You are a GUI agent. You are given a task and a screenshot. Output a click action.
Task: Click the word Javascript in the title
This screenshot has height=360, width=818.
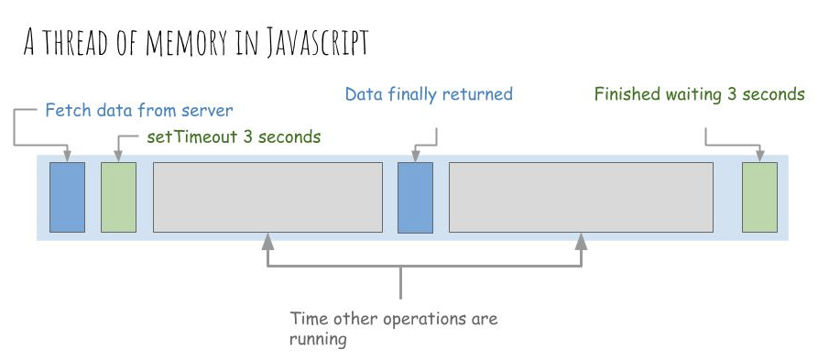[x=316, y=42]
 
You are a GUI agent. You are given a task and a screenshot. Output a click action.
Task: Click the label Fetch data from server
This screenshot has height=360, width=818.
[x=139, y=111]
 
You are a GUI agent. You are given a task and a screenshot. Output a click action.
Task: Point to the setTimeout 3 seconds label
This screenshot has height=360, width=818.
[x=234, y=137]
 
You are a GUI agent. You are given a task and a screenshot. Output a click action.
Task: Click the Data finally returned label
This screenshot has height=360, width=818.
[x=429, y=93]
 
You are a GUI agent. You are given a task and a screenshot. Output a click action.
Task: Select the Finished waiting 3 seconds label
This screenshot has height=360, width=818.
[x=699, y=93]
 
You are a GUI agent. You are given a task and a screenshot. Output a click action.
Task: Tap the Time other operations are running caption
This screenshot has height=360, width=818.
[x=394, y=329]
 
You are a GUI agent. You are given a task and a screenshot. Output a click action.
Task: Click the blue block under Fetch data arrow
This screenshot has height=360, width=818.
[x=67, y=197]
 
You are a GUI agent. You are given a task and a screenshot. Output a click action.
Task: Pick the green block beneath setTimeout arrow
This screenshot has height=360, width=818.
[x=118, y=197]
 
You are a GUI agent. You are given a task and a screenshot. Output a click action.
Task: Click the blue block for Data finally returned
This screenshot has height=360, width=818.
[x=415, y=197]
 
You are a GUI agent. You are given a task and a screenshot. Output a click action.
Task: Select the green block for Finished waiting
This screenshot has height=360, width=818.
[x=759, y=197]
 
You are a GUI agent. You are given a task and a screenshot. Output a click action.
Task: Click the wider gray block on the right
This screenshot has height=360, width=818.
[x=581, y=197]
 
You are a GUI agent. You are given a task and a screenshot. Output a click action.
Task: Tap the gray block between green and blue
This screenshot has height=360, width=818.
[x=267, y=197]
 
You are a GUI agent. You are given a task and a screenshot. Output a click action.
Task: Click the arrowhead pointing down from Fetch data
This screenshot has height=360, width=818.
[x=67, y=153]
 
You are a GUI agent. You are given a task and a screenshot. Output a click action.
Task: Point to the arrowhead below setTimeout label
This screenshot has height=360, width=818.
[x=118, y=153]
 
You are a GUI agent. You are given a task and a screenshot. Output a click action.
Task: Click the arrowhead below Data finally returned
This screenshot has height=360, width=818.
[x=415, y=153]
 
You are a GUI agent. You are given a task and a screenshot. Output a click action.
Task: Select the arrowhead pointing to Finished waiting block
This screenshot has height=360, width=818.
[x=759, y=153]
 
